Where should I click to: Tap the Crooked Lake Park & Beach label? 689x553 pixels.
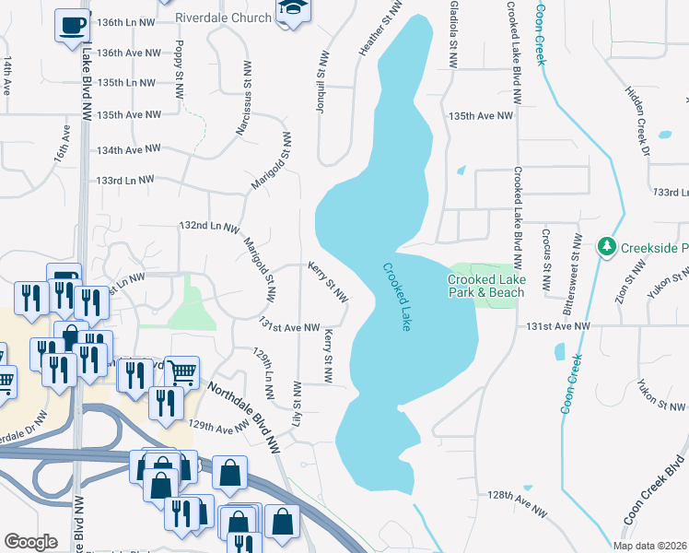pos(485,286)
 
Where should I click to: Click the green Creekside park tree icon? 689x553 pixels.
pos(607,247)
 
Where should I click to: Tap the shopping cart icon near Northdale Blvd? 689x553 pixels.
pos(182,371)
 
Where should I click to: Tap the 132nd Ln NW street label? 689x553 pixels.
pos(208,226)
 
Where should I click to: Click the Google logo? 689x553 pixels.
pos(30,542)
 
